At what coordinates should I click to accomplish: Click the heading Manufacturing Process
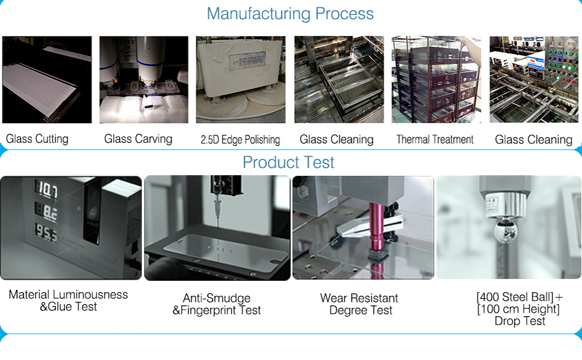(x=290, y=14)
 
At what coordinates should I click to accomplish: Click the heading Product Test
(x=289, y=163)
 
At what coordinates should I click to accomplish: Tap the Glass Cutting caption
(x=37, y=139)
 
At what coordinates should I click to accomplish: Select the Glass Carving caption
(x=138, y=139)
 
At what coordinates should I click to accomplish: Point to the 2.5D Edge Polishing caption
(x=240, y=140)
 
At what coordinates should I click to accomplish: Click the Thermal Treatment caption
(x=435, y=140)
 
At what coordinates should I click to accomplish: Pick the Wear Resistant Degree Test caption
(x=360, y=304)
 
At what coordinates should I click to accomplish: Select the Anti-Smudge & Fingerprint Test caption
(x=217, y=304)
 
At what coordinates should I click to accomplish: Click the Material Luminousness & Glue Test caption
(x=68, y=301)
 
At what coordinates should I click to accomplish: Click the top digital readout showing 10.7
(x=48, y=191)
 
